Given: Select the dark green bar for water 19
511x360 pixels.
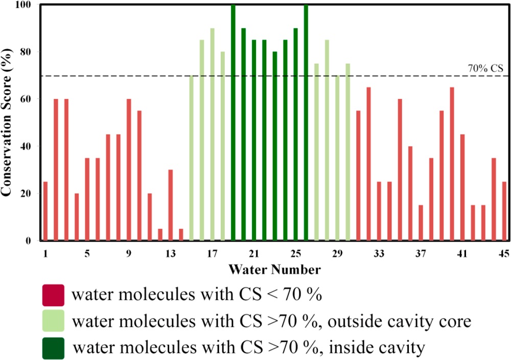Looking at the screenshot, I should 233,123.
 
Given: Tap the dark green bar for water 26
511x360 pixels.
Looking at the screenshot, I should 306,123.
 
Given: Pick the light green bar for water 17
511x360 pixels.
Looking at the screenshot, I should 212,134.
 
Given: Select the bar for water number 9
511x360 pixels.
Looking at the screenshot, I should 129,170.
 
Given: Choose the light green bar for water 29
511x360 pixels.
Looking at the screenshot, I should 337,158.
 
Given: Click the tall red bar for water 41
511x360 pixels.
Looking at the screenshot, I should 462,187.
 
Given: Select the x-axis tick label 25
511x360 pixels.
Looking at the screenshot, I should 295,253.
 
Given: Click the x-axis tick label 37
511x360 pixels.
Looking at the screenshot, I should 421,253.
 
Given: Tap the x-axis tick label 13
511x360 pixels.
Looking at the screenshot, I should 170,253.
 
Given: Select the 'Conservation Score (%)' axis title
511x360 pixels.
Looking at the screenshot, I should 7,123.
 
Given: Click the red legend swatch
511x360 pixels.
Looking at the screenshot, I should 53,295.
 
